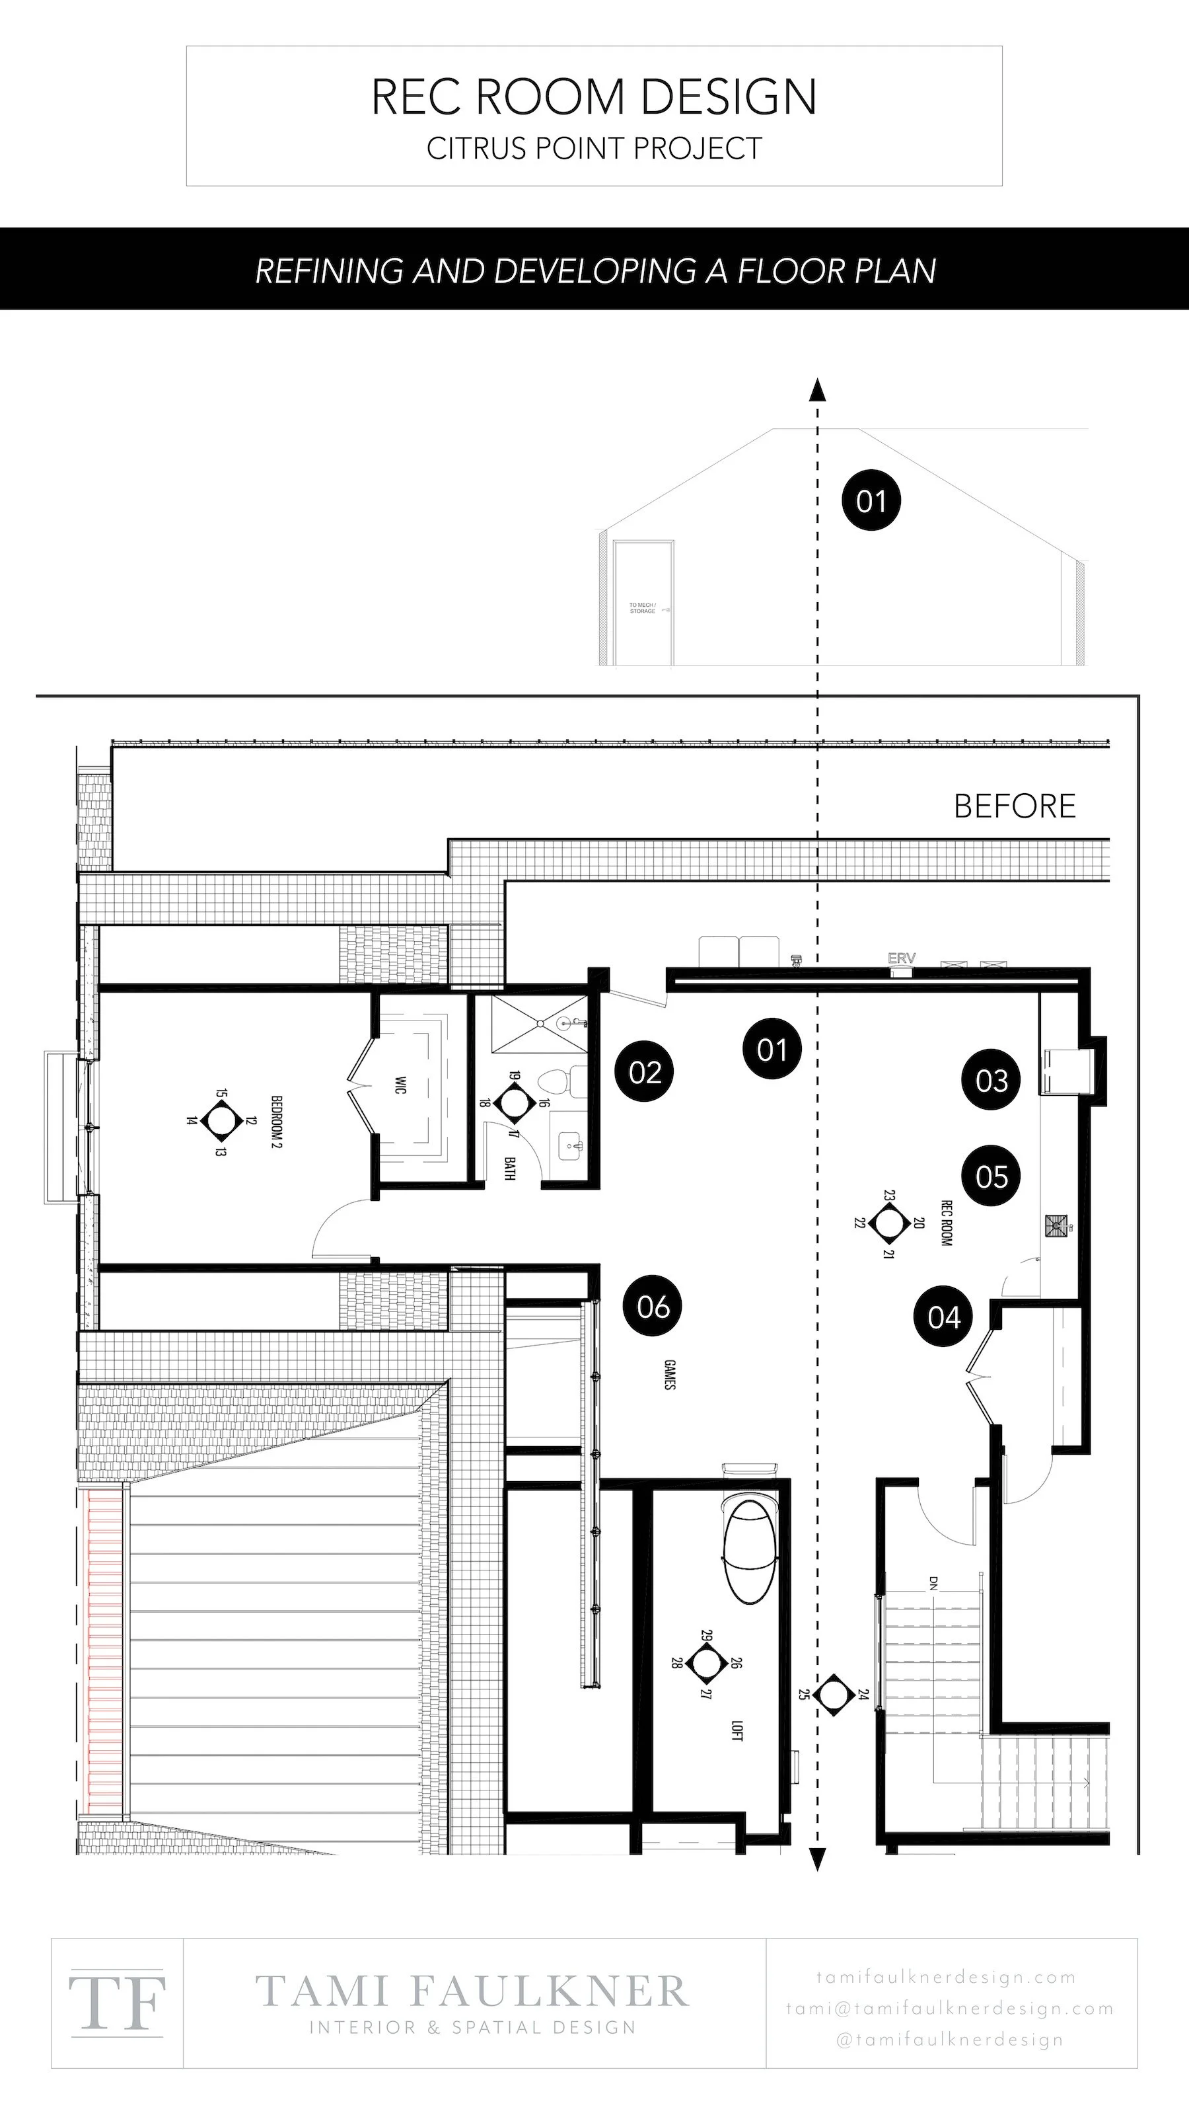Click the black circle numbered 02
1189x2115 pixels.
coord(645,1071)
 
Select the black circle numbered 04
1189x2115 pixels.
coord(944,1317)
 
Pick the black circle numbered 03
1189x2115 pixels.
coord(991,1081)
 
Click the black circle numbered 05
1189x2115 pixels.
coord(991,1176)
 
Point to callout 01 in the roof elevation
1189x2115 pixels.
coord(871,501)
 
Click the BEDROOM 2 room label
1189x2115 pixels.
coord(277,1121)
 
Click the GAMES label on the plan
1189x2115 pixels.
coord(670,1375)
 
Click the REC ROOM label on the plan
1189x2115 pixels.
coord(946,1223)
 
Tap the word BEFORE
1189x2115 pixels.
coord(1014,806)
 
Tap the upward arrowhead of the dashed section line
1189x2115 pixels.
coord(816,390)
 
